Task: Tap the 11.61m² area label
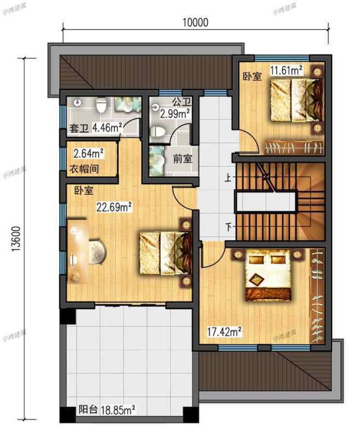tap(286, 71)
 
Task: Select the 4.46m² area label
tap(107, 128)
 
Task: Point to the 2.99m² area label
tap(175, 113)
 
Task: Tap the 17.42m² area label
tap(225, 330)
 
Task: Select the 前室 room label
tap(182, 159)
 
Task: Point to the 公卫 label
tap(181, 103)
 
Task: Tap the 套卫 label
tap(79, 129)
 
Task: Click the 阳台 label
tap(87, 409)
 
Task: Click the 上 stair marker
tap(228, 178)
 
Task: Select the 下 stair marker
tap(229, 228)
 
